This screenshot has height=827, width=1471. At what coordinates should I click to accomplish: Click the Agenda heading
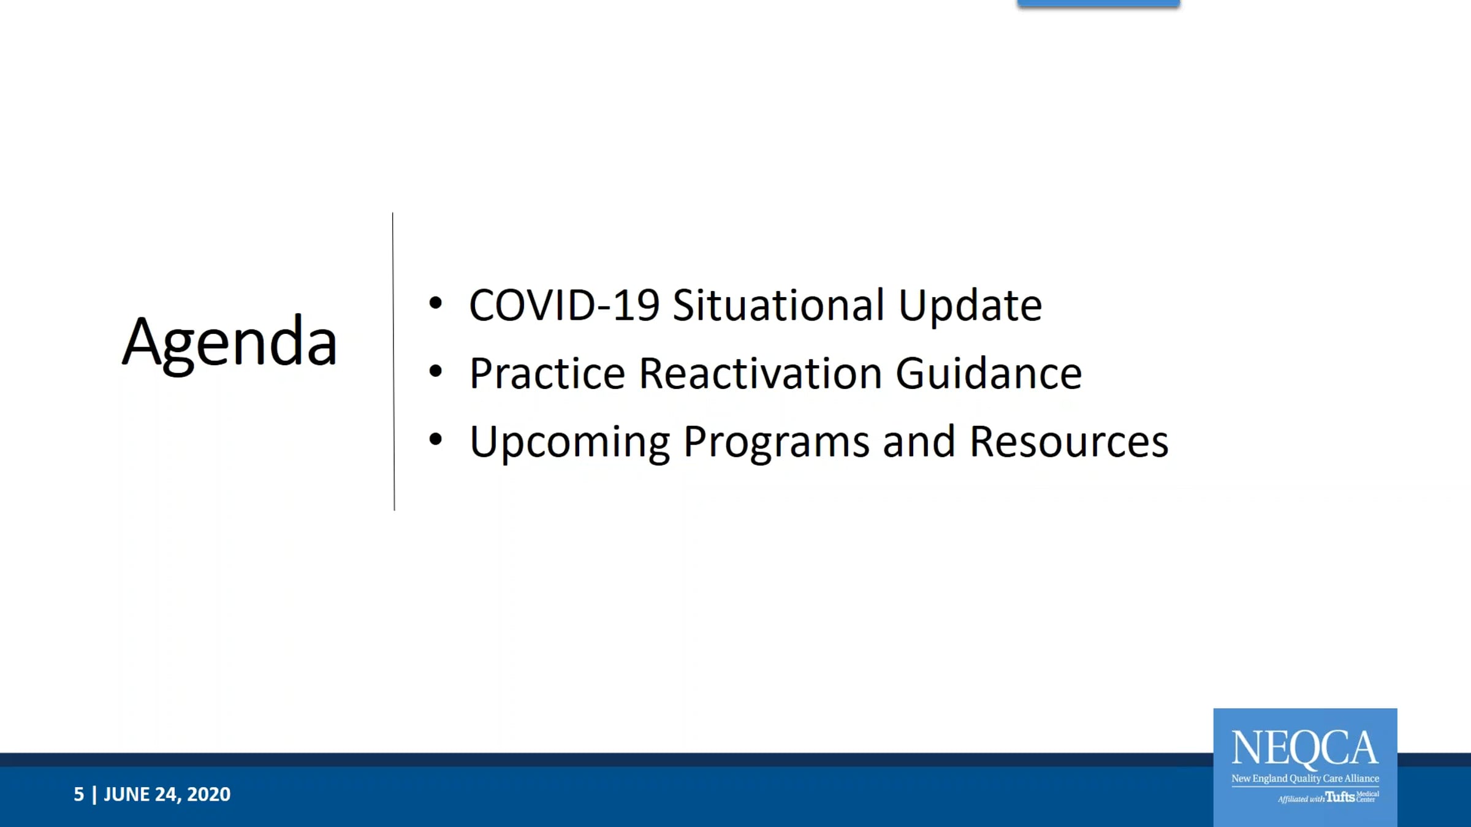click(230, 343)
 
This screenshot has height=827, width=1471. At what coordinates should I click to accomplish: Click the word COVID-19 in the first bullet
click(564, 305)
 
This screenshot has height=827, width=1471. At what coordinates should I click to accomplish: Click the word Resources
click(1070, 441)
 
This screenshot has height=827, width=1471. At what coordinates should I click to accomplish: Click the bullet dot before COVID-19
click(436, 303)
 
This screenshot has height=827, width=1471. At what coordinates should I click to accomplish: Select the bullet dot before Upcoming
click(436, 439)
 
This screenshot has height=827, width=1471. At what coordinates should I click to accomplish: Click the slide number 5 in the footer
click(79, 795)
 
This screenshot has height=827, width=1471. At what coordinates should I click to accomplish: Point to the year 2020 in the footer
click(209, 795)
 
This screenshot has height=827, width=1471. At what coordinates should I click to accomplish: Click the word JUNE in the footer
click(126, 795)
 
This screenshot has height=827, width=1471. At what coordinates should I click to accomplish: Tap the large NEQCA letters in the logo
click(1305, 749)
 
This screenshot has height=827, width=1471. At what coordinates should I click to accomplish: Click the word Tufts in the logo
click(1340, 796)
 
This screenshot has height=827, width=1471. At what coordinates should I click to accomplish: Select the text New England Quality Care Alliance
click(1305, 779)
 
